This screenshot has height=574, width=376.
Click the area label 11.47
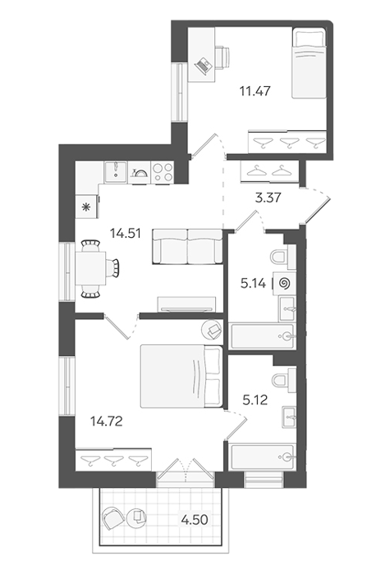coord(255,90)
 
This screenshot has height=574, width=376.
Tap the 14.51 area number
coord(126,233)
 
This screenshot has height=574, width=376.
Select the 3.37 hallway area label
coord(268,198)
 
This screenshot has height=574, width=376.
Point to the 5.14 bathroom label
coord(253,283)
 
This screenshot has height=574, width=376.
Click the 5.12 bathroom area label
coord(255,400)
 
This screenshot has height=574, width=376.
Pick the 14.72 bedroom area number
coord(106,421)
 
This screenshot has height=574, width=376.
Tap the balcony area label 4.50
coord(195,519)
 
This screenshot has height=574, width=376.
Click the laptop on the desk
coord(203,66)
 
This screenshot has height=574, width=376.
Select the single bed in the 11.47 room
coord(309,63)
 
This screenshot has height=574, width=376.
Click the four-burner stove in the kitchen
coord(163,172)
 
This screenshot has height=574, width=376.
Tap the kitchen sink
coord(116,172)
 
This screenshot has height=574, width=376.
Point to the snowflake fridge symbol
coord(86,207)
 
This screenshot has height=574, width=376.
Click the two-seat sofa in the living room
coord(188,246)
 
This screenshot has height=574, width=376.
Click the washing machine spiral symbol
coord(284,283)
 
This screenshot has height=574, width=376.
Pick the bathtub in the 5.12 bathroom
coord(263,457)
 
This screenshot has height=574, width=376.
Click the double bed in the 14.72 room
coord(181,376)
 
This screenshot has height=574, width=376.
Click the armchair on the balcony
coord(113,518)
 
